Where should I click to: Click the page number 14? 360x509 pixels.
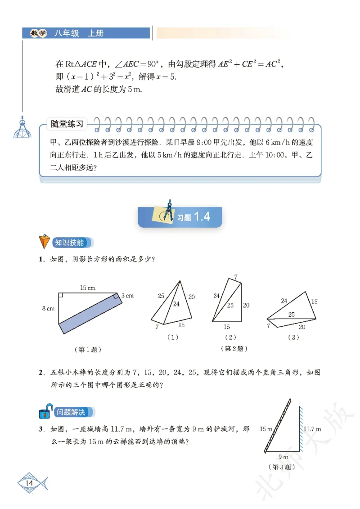click(30, 483)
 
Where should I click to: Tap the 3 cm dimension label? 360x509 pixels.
click(127, 296)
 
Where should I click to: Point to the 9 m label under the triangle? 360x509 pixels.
click(283, 457)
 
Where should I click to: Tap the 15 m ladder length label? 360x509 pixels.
click(266, 429)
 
